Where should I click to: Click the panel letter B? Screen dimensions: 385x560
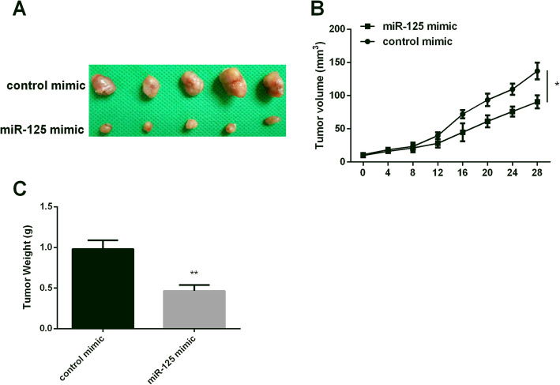coord(317,10)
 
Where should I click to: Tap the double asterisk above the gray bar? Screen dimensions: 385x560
coord(194,274)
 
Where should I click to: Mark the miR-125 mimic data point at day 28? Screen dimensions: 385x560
coord(537,102)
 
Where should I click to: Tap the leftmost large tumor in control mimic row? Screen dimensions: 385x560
coord(103,85)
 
